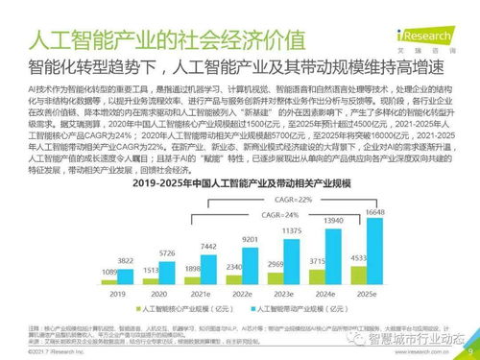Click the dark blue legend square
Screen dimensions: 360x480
pos(140,310)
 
